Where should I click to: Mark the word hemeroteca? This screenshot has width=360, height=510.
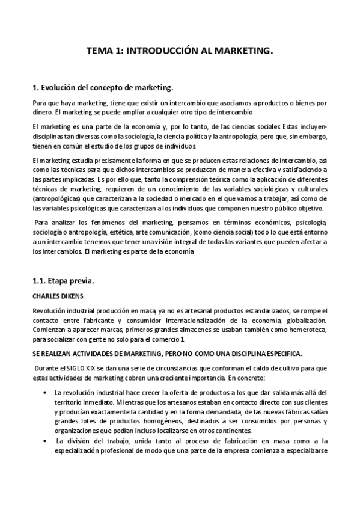click(x=305, y=331)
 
